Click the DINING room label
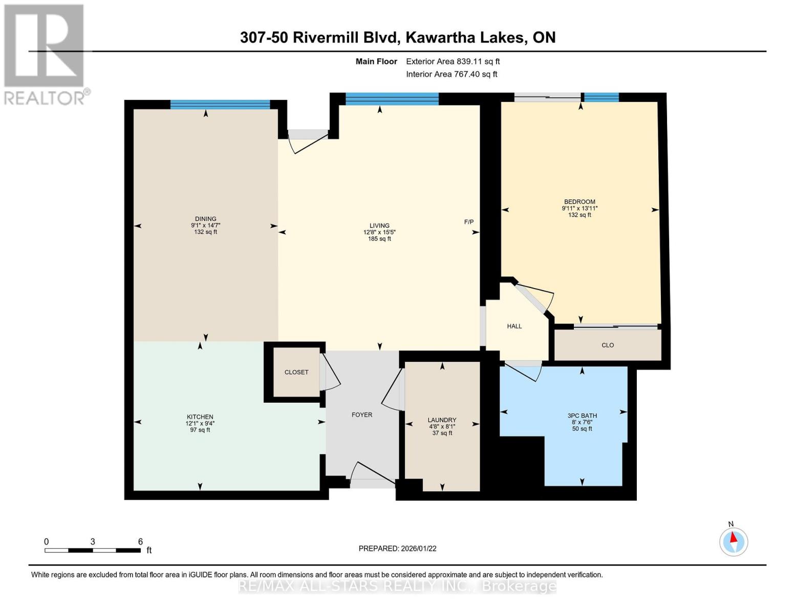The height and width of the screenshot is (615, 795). tap(205, 219)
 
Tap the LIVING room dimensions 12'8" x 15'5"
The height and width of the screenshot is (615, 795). tap(379, 232)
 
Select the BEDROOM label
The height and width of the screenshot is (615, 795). tap(579, 202)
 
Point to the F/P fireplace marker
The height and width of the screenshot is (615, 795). tap(468, 222)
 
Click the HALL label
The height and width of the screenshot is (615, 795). tap(514, 326)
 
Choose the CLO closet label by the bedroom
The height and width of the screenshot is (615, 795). tap(608, 345)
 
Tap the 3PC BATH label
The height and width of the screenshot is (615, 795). tap(582, 416)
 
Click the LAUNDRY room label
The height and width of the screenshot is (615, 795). tap(442, 420)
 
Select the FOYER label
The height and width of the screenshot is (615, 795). tap(362, 415)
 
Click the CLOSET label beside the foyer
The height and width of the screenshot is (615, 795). tap(296, 372)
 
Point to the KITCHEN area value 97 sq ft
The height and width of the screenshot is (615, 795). tap(200, 430)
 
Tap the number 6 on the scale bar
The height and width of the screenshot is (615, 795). tap(140, 542)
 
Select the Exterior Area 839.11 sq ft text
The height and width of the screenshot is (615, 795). tap(453, 61)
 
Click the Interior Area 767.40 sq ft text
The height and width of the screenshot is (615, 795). tap(452, 74)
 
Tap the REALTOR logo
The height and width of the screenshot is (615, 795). tap(45, 54)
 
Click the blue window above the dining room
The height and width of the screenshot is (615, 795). tap(220, 105)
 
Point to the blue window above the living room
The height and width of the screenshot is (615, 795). tap(392, 99)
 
